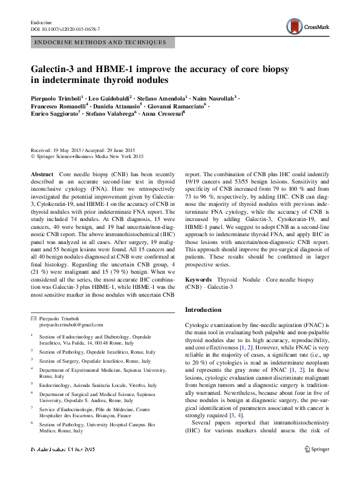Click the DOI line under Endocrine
pos(65,29)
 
